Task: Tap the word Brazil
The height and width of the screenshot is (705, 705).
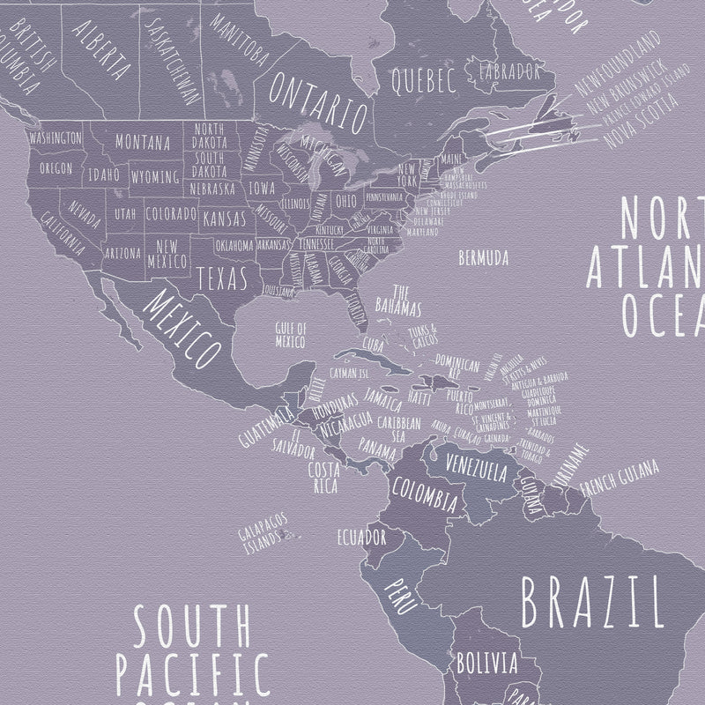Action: click(591, 600)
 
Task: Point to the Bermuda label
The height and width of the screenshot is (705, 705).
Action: click(484, 258)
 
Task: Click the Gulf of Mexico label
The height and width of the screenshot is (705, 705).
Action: click(292, 335)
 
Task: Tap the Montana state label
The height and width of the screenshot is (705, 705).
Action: click(142, 142)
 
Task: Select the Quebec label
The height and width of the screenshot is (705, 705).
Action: click(422, 81)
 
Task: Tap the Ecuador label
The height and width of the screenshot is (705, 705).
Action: click(363, 537)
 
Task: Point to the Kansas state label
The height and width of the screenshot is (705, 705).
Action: click(224, 218)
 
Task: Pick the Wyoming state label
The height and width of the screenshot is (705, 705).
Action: click(155, 178)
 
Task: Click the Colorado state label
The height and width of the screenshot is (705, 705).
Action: click(170, 214)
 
